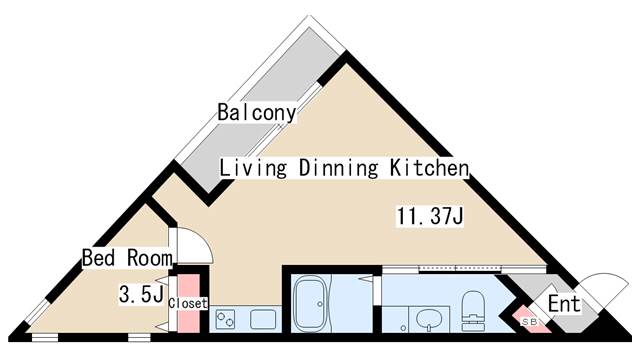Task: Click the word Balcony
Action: click(257, 113)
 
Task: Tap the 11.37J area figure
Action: click(430, 216)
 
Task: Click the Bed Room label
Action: click(127, 258)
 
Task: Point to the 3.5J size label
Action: click(141, 294)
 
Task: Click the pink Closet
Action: click(189, 303)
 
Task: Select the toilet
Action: click(472, 310)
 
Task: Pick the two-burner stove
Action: click(226, 319)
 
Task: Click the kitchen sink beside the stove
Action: click(263, 319)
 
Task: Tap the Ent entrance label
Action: click(564, 304)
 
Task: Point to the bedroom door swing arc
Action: click(203, 240)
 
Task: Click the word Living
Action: click(253, 169)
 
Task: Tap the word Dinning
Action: click(338, 169)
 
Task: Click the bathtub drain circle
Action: click(320, 304)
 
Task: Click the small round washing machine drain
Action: click(403, 328)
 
